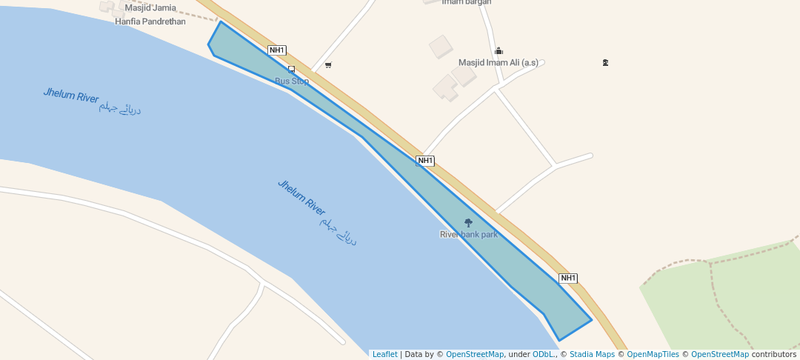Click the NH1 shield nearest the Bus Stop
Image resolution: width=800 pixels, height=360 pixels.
(277, 50)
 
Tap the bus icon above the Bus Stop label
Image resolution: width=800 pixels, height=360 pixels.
(291, 70)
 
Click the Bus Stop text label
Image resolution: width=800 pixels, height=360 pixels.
(292, 81)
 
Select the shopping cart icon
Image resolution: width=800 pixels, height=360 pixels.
(328, 65)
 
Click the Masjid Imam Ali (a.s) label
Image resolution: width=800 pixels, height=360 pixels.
(499, 63)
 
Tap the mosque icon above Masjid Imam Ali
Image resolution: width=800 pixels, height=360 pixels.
(499, 51)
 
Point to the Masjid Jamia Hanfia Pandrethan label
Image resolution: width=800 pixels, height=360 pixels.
(150, 15)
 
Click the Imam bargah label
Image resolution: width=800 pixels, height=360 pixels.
(467, 2)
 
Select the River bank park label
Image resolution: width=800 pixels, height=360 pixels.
(469, 235)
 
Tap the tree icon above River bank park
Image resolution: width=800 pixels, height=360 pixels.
(468, 223)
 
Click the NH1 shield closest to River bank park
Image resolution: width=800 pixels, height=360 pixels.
(425, 161)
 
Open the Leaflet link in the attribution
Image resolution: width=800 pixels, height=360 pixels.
(384, 355)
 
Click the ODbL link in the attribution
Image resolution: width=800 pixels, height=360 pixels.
(544, 355)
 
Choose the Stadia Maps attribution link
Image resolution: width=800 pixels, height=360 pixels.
(592, 355)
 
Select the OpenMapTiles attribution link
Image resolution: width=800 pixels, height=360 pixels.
(653, 355)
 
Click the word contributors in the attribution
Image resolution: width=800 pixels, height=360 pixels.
(773, 355)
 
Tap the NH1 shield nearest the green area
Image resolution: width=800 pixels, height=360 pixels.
(568, 279)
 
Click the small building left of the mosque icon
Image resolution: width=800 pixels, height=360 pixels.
(441, 47)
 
